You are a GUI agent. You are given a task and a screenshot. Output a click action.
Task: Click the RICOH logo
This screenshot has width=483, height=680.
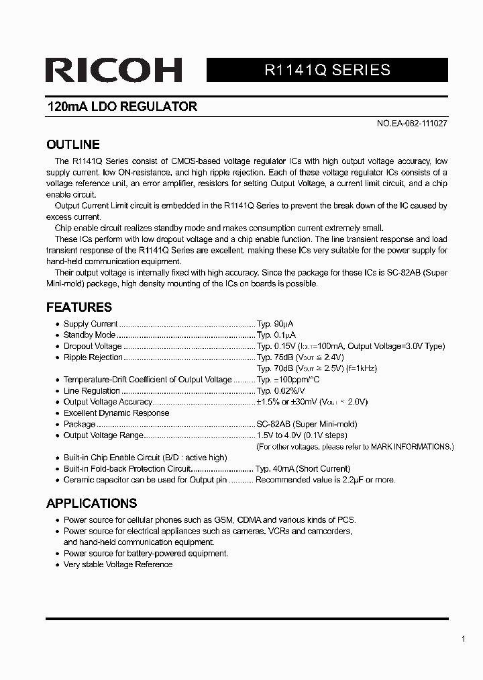114,71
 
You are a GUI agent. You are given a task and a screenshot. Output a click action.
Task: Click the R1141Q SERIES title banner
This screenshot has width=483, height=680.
327,70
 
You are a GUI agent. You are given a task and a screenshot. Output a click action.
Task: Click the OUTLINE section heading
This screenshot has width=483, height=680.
72,144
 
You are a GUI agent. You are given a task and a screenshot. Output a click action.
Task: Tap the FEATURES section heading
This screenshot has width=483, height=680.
78,307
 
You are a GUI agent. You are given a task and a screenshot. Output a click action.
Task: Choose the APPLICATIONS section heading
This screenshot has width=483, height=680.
91,503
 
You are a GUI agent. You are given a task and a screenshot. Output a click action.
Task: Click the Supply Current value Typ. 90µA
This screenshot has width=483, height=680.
276,324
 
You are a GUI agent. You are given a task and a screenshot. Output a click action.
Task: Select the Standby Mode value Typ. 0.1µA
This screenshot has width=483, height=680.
276,335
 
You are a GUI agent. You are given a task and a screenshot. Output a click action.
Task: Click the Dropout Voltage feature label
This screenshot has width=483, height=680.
93,346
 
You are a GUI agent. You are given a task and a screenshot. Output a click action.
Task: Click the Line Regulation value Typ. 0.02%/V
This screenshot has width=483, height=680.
280,391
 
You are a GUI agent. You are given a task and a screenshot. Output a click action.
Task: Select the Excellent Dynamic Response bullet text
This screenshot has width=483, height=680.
116,413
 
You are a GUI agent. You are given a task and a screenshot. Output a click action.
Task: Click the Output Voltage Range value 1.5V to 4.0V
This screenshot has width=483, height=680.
284,435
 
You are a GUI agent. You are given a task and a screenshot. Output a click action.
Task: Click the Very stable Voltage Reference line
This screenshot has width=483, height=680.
117,564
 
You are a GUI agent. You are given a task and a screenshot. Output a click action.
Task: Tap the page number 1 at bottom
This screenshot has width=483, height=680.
463,639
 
